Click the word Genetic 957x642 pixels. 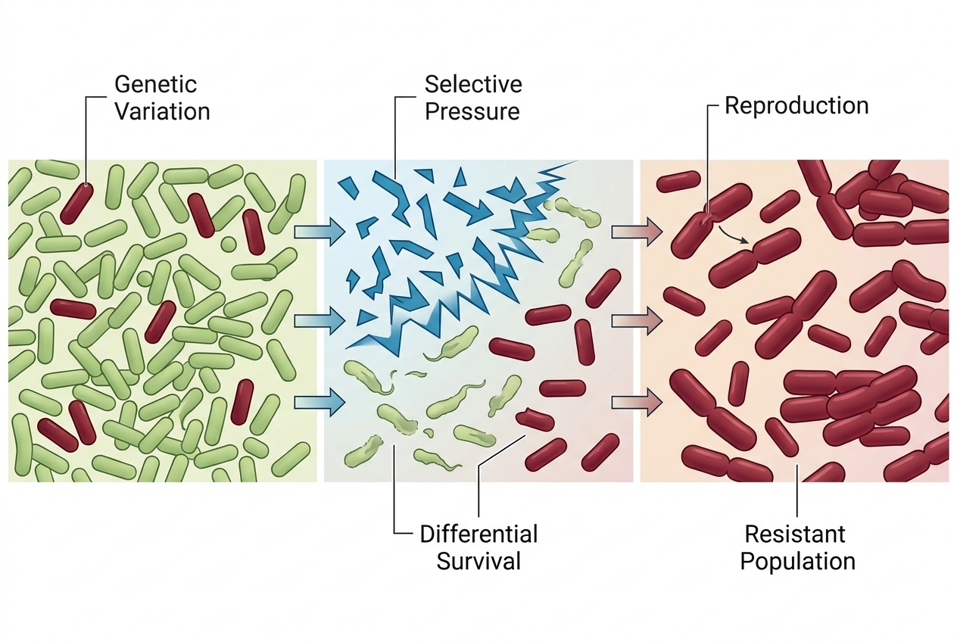click(x=155, y=84)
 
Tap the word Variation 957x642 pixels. click(x=162, y=111)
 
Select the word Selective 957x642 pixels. click(x=473, y=84)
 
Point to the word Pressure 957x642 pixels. click(x=472, y=111)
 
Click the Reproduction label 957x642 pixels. click(x=796, y=105)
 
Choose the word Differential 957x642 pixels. click(x=478, y=534)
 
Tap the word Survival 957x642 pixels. click(x=478, y=561)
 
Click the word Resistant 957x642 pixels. click(x=795, y=534)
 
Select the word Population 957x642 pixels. click(x=798, y=561)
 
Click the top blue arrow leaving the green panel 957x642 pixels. click(x=320, y=232)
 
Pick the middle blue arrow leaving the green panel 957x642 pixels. click(x=320, y=320)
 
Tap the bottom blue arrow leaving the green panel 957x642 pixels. click(x=320, y=402)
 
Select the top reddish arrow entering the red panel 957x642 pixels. click(x=637, y=232)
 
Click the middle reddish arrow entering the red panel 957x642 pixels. click(x=637, y=320)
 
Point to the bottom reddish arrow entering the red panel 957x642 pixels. click(x=637, y=402)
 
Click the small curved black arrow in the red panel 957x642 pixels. click(x=733, y=235)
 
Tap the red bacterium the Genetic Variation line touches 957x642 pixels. click(x=76, y=204)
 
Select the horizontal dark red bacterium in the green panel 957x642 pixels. click(x=73, y=309)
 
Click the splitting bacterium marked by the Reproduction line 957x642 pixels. click(x=711, y=221)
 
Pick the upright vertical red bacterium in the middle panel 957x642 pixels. click(x=584, y=341)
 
